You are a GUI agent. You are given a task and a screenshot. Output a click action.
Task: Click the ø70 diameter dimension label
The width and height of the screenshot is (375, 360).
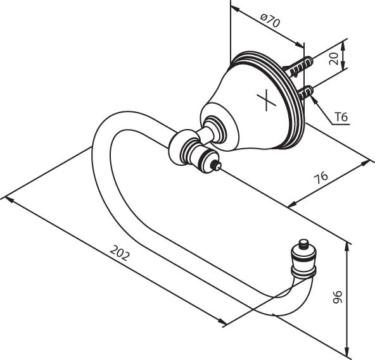click(x=270, y=21)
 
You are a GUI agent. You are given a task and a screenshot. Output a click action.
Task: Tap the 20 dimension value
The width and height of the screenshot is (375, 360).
click(x=334, y=59)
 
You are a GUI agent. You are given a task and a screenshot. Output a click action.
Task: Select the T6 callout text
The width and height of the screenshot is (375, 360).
click(x=341, y=117)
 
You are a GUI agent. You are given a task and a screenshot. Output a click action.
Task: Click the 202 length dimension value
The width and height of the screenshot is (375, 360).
click(x=120, y=252)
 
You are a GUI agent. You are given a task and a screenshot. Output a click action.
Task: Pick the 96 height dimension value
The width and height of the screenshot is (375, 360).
click(x=338, y=297)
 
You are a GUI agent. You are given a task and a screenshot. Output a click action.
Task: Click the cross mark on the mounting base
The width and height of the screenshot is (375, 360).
click(x=267, y=100)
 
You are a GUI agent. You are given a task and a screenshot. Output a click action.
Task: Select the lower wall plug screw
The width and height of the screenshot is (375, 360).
click(x=306, y=92)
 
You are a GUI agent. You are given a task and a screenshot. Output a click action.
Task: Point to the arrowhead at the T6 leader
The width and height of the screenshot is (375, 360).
click(x=315, y=100)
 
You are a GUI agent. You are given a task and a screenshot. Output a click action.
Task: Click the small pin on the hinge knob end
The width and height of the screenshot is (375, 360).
click(x=217, y=166)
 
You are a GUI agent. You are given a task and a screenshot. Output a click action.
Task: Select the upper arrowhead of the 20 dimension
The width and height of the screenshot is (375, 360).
click(x=343, y=45)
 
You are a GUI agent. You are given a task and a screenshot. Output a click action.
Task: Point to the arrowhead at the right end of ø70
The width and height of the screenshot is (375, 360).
click(x=299, y=44)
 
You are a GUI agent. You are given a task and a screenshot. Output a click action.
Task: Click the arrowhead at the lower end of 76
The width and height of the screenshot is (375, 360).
click(x=292, y=205)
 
